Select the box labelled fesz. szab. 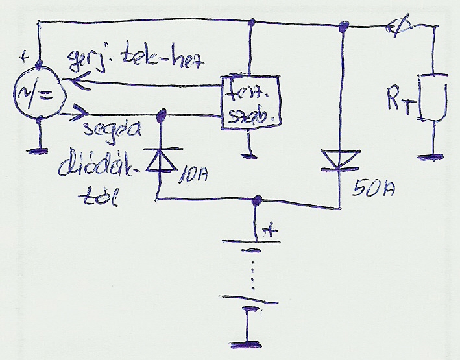coord(249,102)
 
